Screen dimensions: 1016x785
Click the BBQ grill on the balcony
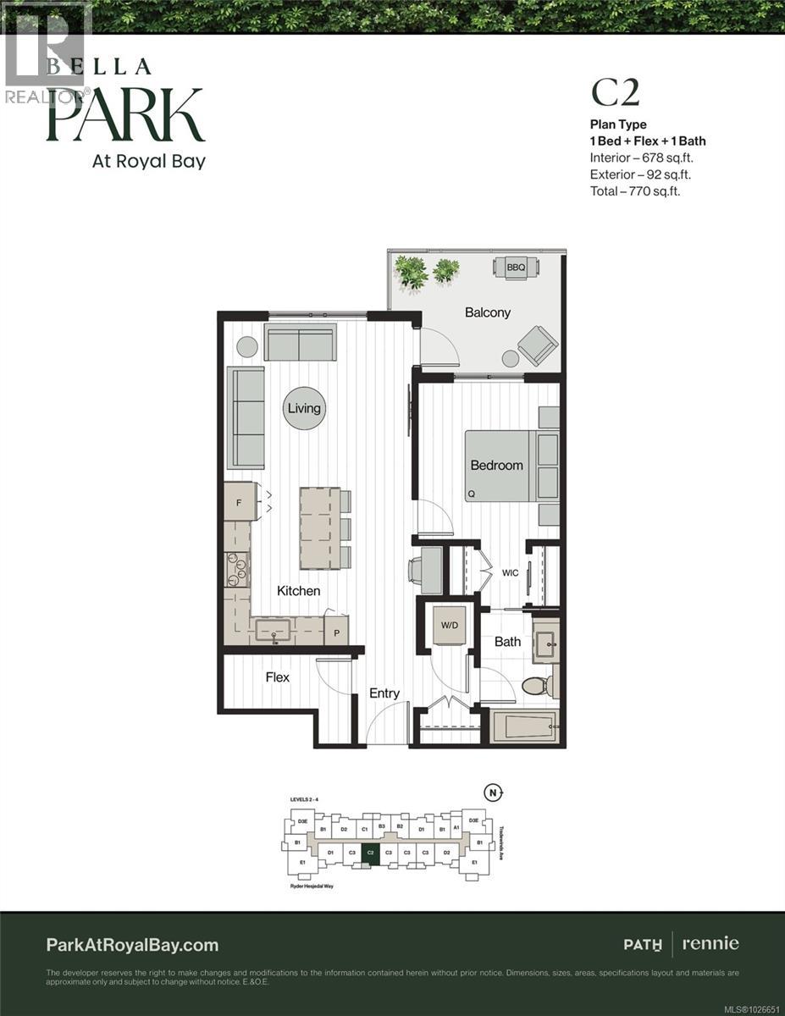pyautogui.click(x=516, y=268)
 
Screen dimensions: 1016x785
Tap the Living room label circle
pyautogui.click(x=303, y=408)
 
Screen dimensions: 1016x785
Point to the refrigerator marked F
pyautogui.click(x=240, y=502)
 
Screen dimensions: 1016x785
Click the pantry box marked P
pyautogui.click(x=335, y=632)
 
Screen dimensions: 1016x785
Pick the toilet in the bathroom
pyautogui.click(x=539, y=684)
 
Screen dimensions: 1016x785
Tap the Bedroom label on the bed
pyautogui.click(x=497, y=465)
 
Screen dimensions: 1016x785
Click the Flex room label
pyautogui.click(x=277, y=677)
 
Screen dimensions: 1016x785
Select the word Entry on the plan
pyautogui.click(x=384, y=693)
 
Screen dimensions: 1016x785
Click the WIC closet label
pyautogui.click(x=510, y=573)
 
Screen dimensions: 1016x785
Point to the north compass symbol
pyautogui.click(x=493, y=793)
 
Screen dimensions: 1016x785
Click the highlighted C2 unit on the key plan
pyautogui.click(x=370, y=853)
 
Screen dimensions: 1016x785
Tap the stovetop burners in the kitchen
pyautogui.click(x=235, y=569)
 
